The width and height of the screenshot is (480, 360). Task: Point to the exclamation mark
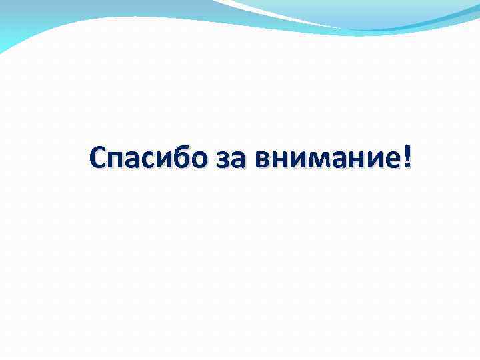click(x=407, y=156)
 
